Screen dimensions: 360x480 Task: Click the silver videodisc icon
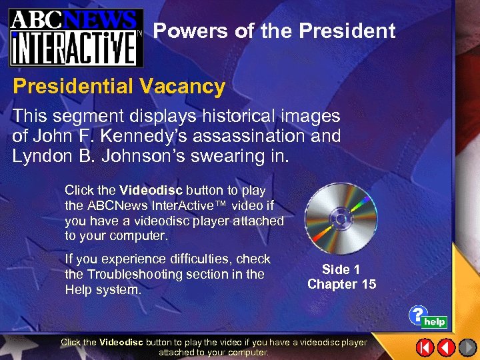pos(341,218)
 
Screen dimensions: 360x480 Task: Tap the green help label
pos(435,322)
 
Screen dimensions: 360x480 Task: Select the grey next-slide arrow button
pos(467,347)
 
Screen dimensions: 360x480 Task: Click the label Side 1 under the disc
pos(341,269)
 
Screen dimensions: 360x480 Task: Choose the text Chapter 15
pos(341,284)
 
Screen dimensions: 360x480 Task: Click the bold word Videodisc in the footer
pos(121,342)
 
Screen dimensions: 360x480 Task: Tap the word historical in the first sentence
pos(229,115)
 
